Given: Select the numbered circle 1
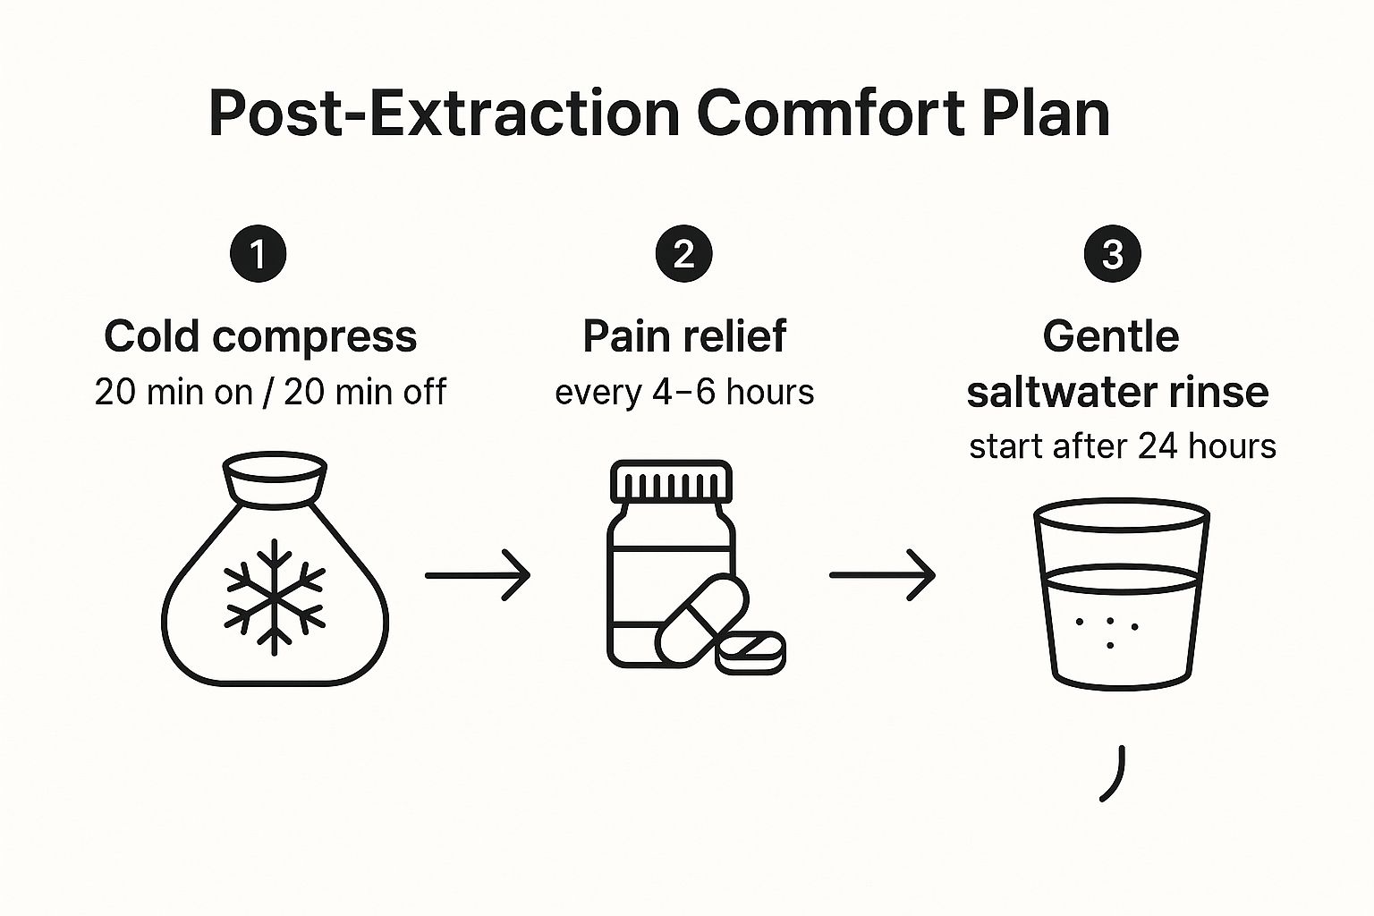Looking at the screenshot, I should point(259,254).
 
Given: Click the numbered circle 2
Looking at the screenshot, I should point(684,254).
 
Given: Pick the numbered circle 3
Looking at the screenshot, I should point(1112,254).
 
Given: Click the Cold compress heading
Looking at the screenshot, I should point(260,337).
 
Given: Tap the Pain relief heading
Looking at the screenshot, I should point(684,337).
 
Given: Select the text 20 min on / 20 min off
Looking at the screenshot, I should point(269,392).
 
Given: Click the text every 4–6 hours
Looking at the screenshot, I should point(684,392).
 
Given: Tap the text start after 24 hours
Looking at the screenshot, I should point(1122,445).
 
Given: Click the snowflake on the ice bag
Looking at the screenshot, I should point(274,591).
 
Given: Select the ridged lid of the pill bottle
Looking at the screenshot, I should point(671,482).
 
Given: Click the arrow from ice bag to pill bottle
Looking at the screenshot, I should point(478,575).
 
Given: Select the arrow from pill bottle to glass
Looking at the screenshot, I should point(882,575).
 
